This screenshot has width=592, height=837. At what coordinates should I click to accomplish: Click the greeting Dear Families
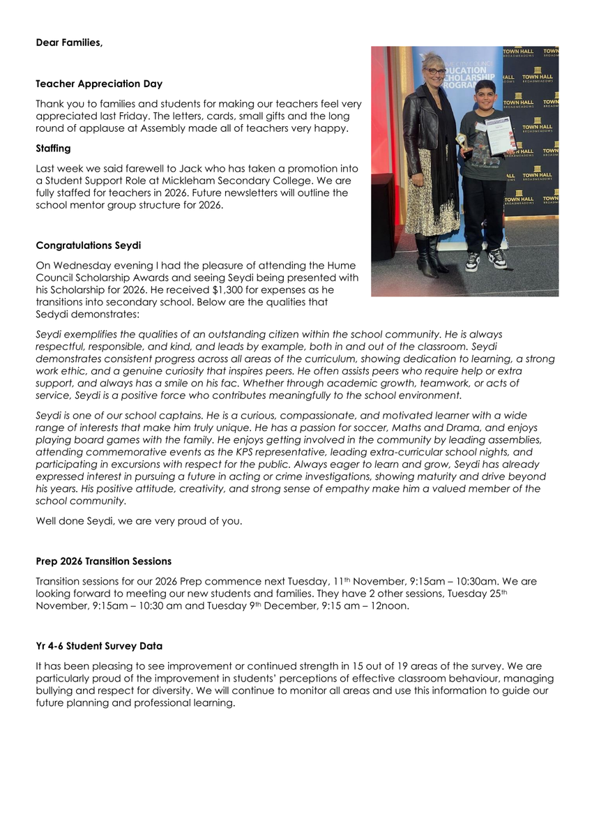tap(69, 43)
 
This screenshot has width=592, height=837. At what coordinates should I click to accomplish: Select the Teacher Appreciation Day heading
tap(99, 84)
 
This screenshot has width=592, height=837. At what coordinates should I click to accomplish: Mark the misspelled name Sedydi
tap(54, 315)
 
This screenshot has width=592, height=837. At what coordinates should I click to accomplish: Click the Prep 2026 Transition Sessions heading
tap(103, 561)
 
